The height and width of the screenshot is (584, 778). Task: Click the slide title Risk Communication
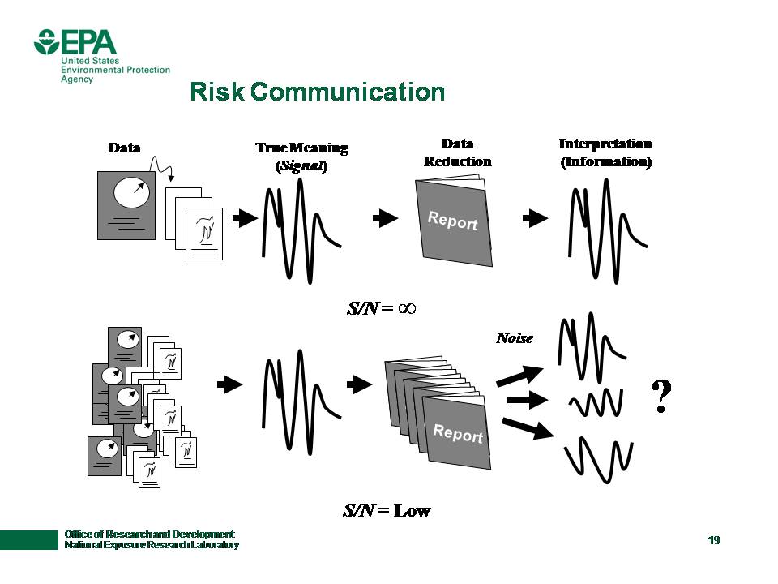(317, 92)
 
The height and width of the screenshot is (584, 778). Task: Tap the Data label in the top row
(124, 148)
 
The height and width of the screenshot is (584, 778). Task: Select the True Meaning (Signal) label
(301, 157)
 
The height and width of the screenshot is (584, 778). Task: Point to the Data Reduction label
(457, 152)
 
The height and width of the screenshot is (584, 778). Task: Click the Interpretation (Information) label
(605, 152)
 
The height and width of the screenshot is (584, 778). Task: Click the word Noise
(515, 338)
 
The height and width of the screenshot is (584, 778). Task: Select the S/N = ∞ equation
(380, 308)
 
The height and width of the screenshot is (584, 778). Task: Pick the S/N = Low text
(387, 511)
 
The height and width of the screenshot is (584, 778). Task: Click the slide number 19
(713, 541)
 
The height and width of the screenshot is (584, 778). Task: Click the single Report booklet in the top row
(454, 221)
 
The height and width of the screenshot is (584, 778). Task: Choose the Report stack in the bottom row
(442, 410)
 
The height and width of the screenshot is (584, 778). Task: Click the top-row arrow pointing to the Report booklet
(385, 218)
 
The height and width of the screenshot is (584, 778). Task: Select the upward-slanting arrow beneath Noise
(519, 375)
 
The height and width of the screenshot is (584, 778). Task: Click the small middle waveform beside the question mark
(596, 401)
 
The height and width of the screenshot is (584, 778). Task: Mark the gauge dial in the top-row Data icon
(131, 191)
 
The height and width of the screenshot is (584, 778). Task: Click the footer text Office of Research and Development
(150, 534)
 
